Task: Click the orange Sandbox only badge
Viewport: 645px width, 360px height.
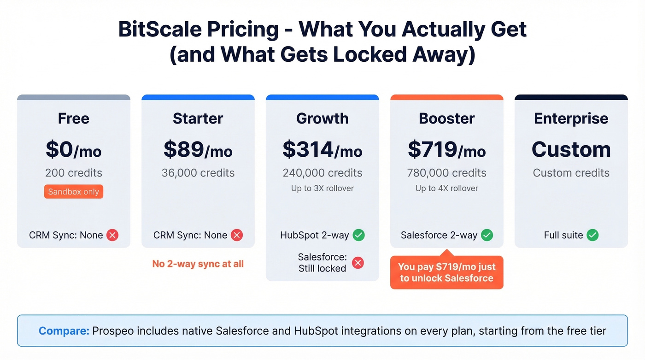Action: coord(74,192)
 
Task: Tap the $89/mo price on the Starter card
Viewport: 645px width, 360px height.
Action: coord(198,150)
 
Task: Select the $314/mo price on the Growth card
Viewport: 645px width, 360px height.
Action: coord(322,150)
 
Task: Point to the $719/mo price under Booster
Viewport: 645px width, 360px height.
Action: coord(447,150)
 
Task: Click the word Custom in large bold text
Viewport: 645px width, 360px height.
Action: coord(571,150)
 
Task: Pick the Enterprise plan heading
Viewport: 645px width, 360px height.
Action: coord(571,118)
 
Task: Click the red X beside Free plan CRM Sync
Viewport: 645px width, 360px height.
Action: coord(112,235)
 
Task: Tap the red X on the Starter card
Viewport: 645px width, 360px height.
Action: coord(237,235)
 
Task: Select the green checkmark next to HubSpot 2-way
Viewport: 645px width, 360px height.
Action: coord(359,235)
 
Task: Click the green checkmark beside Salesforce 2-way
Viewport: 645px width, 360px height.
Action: coord(487,235)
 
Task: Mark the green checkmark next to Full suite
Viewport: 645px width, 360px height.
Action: coord(592,235)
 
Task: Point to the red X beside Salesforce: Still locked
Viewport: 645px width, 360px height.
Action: coord(358,263)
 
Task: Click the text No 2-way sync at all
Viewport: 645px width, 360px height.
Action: coord(198,264)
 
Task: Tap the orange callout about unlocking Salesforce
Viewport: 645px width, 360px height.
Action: coord(446,272)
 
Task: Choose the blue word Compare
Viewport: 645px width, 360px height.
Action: coord(64,330)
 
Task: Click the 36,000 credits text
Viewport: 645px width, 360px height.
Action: coord(198,173)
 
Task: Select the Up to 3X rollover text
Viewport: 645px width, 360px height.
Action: coord(322,188)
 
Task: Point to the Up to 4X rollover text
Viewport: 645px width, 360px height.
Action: coord(447,188)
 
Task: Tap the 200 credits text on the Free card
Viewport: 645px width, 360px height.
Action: coord(74,173)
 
